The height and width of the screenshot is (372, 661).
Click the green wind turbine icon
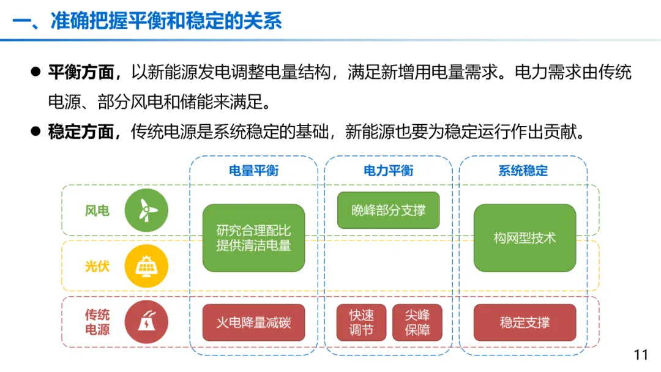(146, 210)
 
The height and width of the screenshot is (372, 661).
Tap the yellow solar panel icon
(146, 266)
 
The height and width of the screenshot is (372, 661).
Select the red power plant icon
(146, 322)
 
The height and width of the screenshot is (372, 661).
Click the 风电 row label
(97, 211)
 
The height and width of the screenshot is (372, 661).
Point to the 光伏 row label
(97, 266)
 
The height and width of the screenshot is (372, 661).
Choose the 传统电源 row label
(97, 322)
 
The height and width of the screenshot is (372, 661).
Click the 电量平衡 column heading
(253, 171)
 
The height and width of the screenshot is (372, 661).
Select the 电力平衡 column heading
(388, 171)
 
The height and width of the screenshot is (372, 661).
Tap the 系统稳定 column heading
(523, 171)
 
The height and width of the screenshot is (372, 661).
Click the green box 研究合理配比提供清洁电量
(253, 238)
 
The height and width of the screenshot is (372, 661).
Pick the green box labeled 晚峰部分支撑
(388, 210)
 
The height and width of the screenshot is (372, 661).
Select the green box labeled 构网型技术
(525, 238)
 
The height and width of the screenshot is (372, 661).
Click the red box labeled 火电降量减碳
(253, 322)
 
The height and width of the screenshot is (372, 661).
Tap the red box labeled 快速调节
(361, 322)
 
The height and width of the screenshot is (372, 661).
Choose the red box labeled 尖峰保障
(417, 322)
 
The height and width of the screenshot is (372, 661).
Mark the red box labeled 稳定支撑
(525, 322)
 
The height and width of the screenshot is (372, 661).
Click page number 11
(641, 355)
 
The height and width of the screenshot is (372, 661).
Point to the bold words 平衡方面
(81, 73)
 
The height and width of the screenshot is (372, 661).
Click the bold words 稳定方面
(81, 131)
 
